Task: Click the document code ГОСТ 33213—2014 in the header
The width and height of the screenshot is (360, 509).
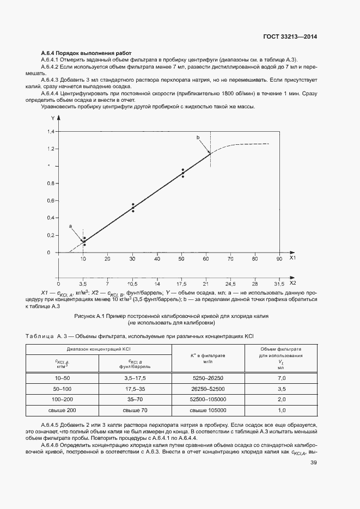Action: (290, 37)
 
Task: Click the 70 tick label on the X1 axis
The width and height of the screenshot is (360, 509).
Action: (230, 259)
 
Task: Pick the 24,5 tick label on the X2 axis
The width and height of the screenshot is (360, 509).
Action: (230, 284)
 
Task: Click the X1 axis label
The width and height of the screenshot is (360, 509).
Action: (292, 259)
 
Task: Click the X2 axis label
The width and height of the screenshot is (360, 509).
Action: (292, 284)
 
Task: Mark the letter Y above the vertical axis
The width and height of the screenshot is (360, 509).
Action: (53, 118)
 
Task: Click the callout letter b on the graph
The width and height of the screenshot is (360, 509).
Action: (198, 138)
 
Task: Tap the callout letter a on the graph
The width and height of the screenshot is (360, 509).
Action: (70, 225)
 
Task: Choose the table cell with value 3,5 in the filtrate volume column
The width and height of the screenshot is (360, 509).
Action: (282, 389)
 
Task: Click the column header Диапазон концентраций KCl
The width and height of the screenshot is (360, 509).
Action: (98, 349)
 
